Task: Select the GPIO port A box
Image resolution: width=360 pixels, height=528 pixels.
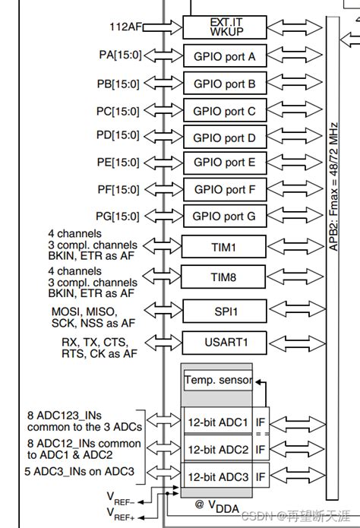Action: click(224, 56)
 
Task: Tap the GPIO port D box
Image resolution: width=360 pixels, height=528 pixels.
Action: click(224, 138)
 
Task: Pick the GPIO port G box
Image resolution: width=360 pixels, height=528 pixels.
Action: click(224, 217)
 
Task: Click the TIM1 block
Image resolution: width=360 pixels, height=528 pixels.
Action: click(224, 247)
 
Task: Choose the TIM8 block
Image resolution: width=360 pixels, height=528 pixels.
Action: click(224, 278)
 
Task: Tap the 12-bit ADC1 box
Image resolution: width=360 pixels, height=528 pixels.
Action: click(218, 422)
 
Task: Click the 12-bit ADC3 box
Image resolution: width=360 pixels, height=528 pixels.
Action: click(218, 477)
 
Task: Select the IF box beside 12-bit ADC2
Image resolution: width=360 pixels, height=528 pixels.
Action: click(261, 450)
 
